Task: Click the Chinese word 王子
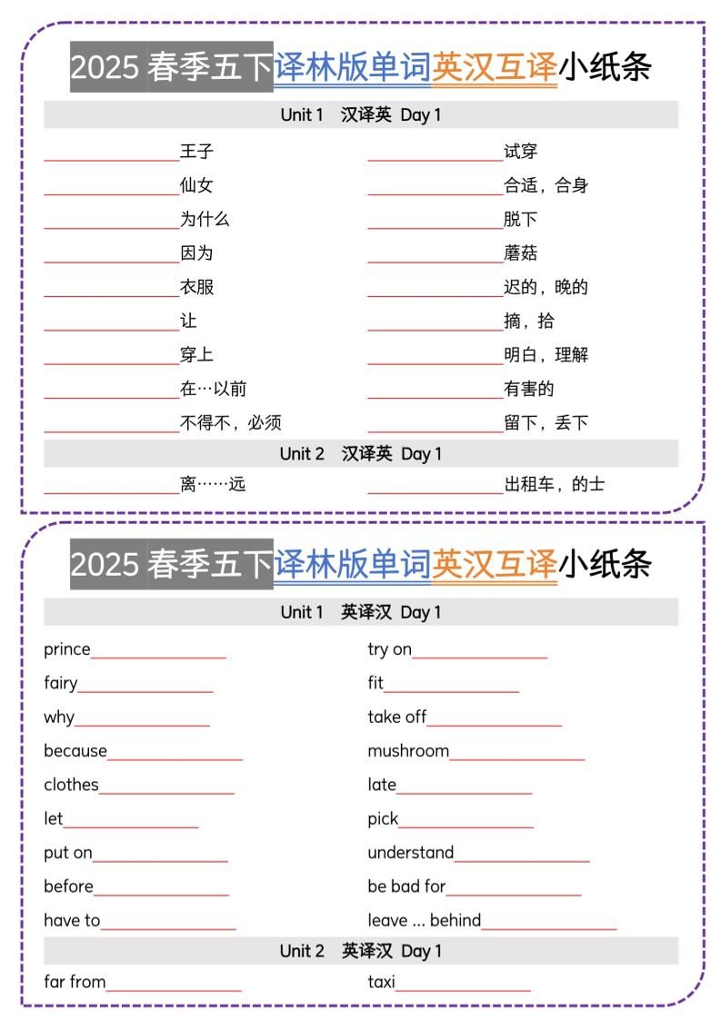tap(196, 152)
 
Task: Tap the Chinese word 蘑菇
tap(521, 253)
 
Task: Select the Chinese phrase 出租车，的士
tap(554, 485)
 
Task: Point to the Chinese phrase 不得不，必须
tap(231, 423)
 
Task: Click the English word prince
tap(67, 649)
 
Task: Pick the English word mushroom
tap(408, 751)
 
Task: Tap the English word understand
tap(410, 853)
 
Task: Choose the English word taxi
tap(381, 982)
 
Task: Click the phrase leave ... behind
tap(424, 921)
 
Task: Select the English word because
tap(75, 751)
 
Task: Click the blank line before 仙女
tap(111, 192)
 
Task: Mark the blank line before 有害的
tap(436, 395)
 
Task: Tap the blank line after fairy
tap(145, 689)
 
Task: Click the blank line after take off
tap(495, 724)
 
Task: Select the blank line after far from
tap(174, 988)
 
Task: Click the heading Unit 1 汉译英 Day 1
tap(360, 115)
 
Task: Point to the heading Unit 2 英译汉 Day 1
tap(360, 951)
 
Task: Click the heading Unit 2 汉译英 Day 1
tap(360, 454)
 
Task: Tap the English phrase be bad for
tap(406, 886)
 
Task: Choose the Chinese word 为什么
tap(205, 220)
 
